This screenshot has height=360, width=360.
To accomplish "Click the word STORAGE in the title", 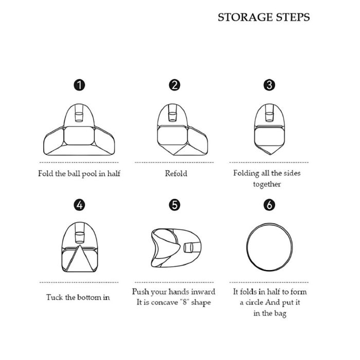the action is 245,17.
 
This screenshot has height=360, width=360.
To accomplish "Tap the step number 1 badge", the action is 79,85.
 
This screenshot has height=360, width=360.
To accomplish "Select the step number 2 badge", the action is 174,85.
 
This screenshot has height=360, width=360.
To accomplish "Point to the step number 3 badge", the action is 269,85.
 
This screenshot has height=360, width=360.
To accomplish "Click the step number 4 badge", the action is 79,205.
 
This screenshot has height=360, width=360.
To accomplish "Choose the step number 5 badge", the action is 174,205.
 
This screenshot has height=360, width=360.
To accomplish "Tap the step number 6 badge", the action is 269,205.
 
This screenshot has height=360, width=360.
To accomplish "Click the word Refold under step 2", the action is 176,174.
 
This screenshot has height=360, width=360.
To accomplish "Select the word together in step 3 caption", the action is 267,184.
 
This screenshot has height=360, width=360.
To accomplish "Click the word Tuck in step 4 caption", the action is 55,297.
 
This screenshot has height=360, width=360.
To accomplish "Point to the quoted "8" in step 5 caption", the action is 184,302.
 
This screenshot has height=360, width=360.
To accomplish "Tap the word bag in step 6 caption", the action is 280,314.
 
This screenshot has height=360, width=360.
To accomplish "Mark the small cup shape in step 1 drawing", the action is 79,117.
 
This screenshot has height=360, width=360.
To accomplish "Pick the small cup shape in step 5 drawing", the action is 188,247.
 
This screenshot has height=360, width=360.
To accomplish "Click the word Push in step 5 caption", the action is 140,292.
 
